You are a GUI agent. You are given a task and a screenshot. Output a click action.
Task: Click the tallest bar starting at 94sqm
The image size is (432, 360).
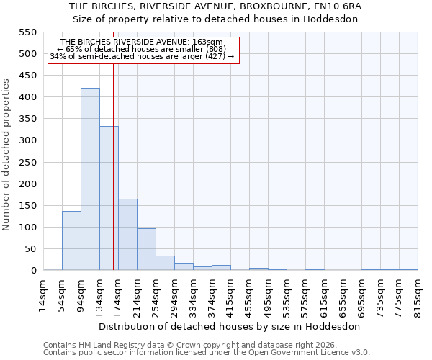[x=90, y=179]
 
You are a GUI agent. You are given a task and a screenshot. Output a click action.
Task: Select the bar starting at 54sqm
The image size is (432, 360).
[x=71, y=240]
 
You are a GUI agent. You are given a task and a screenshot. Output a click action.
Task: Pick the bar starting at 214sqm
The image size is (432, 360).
[x=146, y=249]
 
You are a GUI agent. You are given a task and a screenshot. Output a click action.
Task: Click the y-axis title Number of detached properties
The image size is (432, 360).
[x=6, y=155]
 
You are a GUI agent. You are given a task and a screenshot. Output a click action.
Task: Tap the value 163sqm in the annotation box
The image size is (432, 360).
[x=210, y=42]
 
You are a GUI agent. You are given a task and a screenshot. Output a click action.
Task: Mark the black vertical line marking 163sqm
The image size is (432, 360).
[x=113, y=173]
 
